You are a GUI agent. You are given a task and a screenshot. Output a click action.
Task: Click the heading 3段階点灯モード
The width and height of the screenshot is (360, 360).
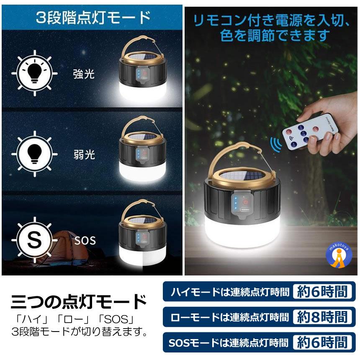[x=93, y=17]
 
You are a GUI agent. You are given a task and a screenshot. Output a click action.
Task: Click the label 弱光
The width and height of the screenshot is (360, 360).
[x=84, y=154]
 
